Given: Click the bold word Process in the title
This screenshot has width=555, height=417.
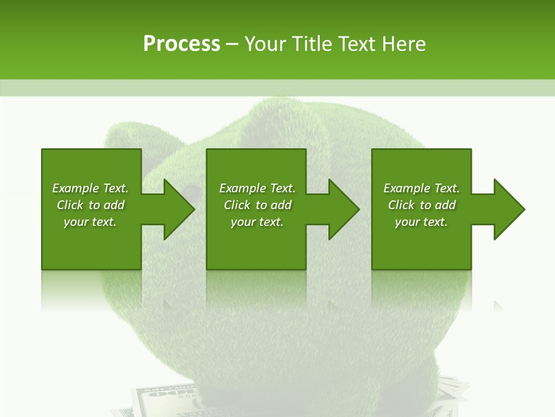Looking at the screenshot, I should click(182, 44).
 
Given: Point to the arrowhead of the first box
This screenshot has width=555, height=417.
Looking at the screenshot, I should click(176, 209).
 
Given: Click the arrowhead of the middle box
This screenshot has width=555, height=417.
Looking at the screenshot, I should click(341, 209).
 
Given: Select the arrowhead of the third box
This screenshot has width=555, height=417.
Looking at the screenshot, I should click(506, 209).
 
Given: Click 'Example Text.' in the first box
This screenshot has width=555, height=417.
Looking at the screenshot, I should click(90, 188).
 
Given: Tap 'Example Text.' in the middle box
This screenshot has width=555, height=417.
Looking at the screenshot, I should click(257, 188).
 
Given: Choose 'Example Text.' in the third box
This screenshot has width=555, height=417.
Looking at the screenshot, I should click(421, 188).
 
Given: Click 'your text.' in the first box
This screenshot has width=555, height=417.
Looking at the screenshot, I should click(90, 222).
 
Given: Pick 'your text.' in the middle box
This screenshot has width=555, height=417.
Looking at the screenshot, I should click(257, 222).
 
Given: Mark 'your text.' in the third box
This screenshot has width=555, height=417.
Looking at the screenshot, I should click(421, 222).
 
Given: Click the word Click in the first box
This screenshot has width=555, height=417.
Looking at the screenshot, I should click(71, 205).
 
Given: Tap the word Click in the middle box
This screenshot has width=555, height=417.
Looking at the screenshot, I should click(237, 205).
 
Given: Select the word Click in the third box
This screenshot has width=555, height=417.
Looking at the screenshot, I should click(402, 205).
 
